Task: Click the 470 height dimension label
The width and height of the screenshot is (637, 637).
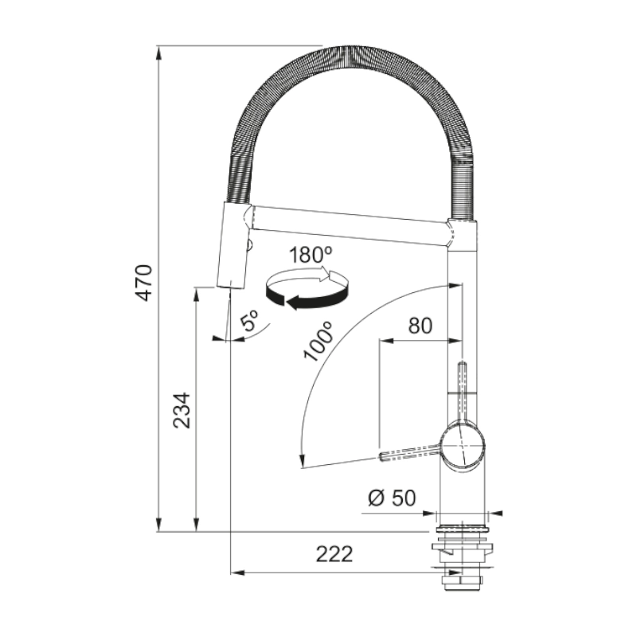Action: (144, 283)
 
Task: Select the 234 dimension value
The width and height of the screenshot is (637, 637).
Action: (182, 410)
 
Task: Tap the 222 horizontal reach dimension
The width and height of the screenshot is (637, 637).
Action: (334, 553)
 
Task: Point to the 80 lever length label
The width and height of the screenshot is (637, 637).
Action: (420, 326)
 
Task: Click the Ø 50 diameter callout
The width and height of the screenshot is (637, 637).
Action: (392, 498)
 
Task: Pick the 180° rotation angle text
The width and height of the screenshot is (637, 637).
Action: (311, 255)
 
